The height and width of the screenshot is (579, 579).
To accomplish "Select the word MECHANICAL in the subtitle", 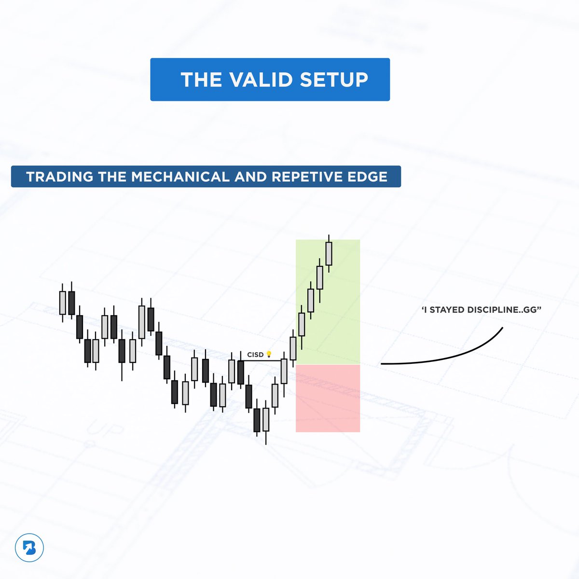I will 180,177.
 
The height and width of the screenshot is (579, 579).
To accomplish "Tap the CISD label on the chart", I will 255,355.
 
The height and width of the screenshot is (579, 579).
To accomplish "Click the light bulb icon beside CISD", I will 269,355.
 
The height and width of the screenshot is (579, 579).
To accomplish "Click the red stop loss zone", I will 328,398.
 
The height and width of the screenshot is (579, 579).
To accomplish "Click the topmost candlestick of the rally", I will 329,253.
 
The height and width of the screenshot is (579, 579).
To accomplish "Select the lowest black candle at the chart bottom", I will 257,420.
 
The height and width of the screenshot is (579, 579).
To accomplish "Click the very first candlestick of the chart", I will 62,303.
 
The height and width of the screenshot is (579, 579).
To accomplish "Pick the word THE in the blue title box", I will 198,80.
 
